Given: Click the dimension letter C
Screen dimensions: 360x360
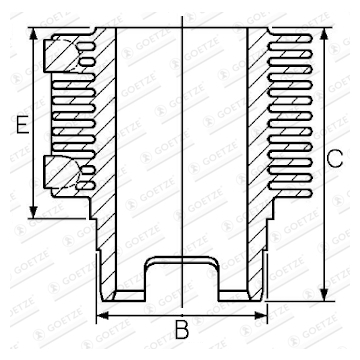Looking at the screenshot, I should [x=337, y=158].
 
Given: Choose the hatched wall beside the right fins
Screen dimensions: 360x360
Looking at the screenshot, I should [x=258, y=120].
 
